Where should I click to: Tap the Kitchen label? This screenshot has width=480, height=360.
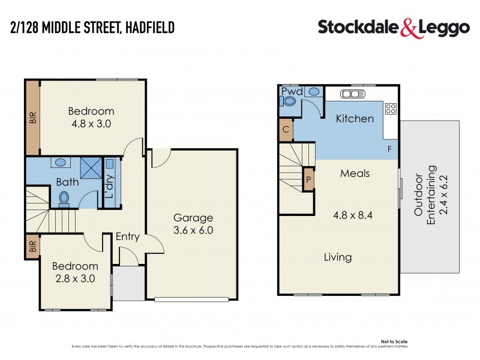pos(354,118)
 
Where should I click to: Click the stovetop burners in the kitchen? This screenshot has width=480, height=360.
pos(390,109)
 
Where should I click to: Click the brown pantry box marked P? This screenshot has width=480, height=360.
pos(308,179)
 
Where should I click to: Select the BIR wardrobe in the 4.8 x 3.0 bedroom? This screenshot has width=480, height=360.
pos(32,116)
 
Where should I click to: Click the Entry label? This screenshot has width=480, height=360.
pos(127,236)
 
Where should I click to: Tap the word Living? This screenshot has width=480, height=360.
pos(338,257)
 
